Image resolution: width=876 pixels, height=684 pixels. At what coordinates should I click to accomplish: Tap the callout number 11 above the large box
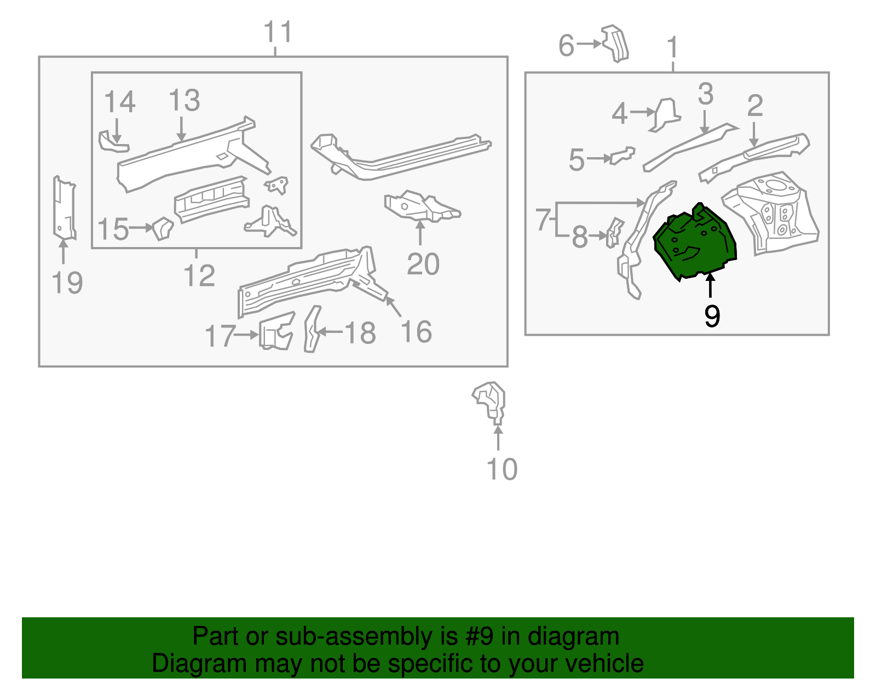pyautogui.click(x=278, y=32)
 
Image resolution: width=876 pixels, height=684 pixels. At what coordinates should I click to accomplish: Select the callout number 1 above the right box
pyautogui.click(x=673, y=48)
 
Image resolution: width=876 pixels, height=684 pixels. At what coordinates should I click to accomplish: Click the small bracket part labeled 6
pyautogui.click(x=616, y=43)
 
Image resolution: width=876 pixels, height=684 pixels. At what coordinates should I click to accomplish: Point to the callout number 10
pyautogui.click(x=502, y=469)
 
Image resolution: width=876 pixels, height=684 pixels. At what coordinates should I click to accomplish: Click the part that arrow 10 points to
pyautogui.click(x=491, y=401)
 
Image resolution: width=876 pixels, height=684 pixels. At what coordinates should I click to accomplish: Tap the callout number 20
pyautogui.click(x=423, y=265)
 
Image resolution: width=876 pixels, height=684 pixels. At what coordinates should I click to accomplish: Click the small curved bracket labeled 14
pyautogui.click(x=111, y=143)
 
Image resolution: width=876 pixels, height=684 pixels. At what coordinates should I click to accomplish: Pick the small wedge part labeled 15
pyautogui.click(x=163, y=228)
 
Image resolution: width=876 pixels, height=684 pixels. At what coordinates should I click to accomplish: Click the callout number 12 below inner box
pyautogui.click(x=199, y=275)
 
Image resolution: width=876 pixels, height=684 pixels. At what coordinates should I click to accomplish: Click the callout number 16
pyautogui.click(x=416, y=332)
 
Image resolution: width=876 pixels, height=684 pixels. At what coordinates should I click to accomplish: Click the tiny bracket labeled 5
pyautogui.click(x=623, y=156)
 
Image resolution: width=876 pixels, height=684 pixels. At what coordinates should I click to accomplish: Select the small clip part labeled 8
pyautogui.click(x=614, y=232)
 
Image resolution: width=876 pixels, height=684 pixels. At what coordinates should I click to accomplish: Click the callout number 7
pyautogui.click(x=543, y=220)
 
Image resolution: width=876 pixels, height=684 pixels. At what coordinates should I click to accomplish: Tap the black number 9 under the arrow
pyautogui.click(x=712, y=316)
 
